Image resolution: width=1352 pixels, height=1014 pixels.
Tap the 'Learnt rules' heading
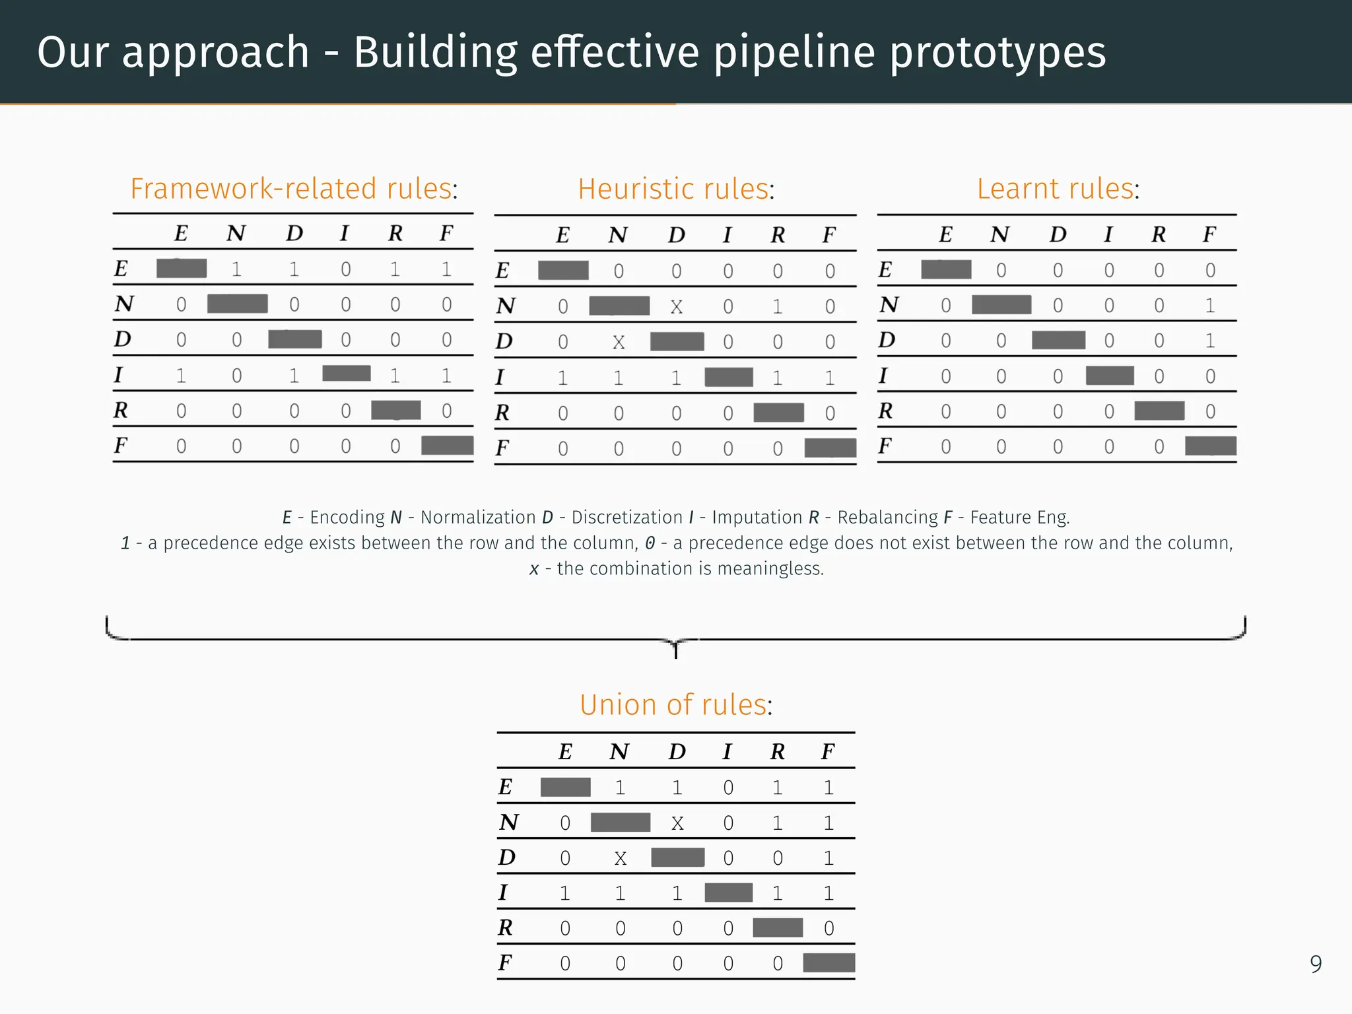click(x=1057, y=189)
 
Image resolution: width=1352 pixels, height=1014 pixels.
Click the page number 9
click(x=1316, y=964)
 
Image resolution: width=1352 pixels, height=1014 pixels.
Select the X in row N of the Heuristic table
click(x=676, y=307)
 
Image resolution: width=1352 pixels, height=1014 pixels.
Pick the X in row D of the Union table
click(x=620, y=858)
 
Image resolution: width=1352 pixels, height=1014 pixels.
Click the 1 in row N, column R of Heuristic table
click(x=778, y=307)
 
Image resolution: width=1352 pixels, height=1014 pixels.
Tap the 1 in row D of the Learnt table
click(x=1209, y=341)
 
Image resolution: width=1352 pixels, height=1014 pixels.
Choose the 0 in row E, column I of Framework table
click(x=345, y=269)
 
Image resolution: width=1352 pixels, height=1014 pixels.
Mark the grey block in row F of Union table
click(x=828, y=963)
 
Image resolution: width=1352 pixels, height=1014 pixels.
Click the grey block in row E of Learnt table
click(x=946, y=270)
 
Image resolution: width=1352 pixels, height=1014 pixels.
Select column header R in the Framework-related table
click(x=395, y=234)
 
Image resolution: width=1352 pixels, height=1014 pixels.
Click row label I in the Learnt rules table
click(x=883, y=376)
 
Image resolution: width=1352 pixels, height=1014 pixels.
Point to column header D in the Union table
click(x=677, y=752)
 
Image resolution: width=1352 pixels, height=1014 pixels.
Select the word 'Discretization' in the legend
click(x=626, y=518)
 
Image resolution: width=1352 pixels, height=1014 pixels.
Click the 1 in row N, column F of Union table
click(x=828, y=823)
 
